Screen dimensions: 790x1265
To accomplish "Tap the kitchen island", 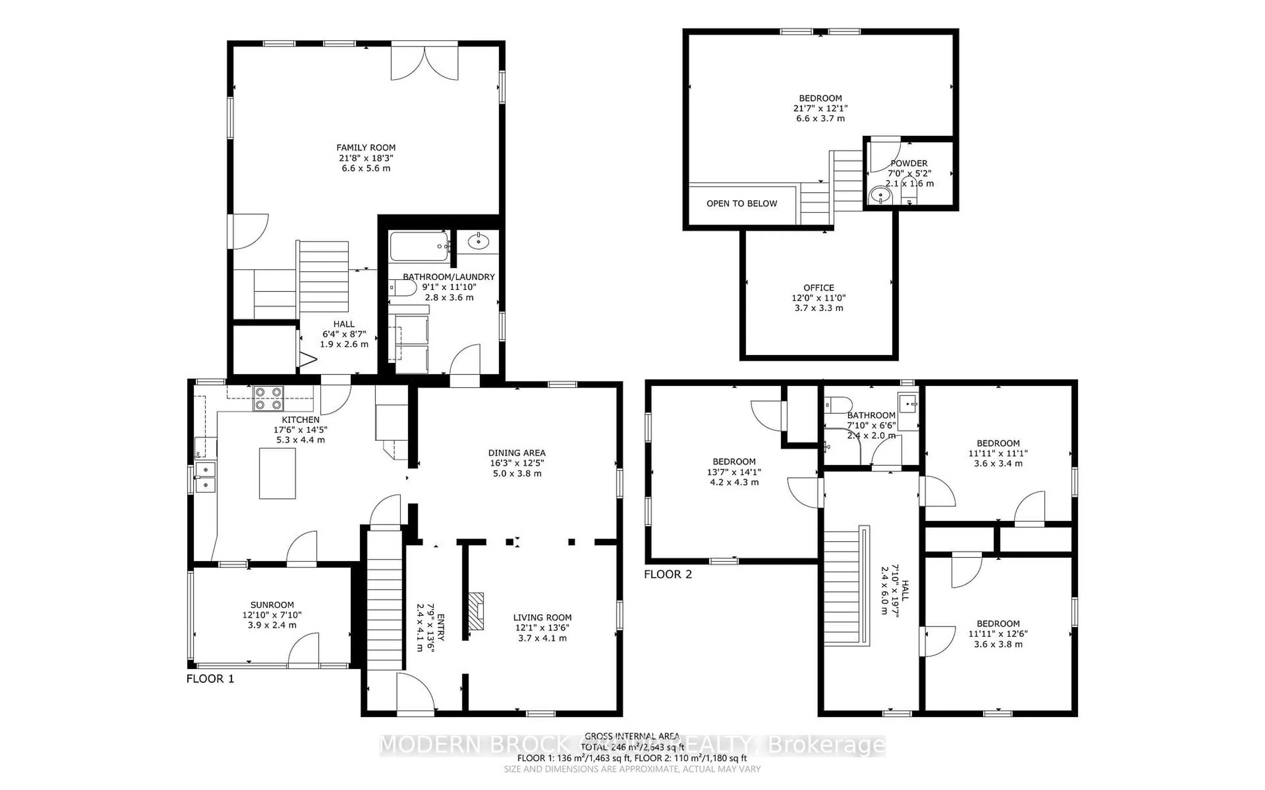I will pos(277,473).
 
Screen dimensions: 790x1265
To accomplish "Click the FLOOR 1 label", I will pos(210,679).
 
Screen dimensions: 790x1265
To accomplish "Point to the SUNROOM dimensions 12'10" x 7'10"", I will pos(272,615).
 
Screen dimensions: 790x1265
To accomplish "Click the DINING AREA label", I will pos(517,453).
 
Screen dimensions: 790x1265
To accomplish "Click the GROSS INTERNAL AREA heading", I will pos(632,736).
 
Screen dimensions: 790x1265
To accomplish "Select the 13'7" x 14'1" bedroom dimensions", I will pos(734,472).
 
